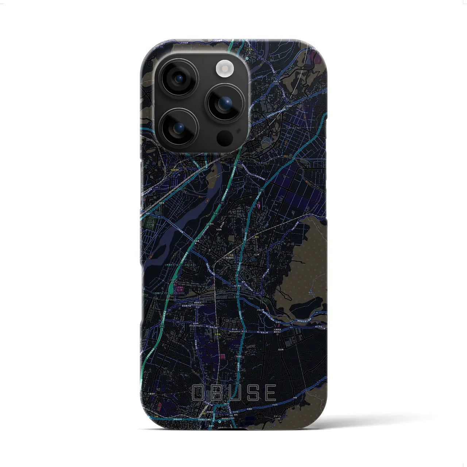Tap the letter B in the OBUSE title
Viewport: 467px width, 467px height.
pos(218,393)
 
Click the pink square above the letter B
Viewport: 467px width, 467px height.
pos(223,356)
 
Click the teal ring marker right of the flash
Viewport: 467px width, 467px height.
pos(247,58)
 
